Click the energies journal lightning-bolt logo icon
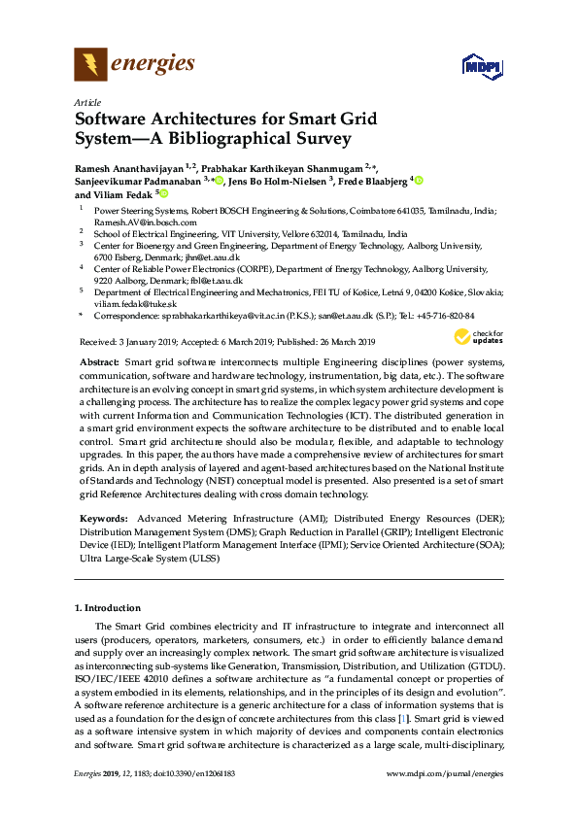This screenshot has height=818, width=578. pyautogui.click(x=91, y=64)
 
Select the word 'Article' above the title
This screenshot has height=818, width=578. pyautogui.click(x=87, y=102)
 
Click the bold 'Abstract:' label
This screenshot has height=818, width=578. pyautogui.click(x=99, y=359)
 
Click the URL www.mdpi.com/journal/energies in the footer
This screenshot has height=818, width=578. pyautogui.click(x=445, y=800)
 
